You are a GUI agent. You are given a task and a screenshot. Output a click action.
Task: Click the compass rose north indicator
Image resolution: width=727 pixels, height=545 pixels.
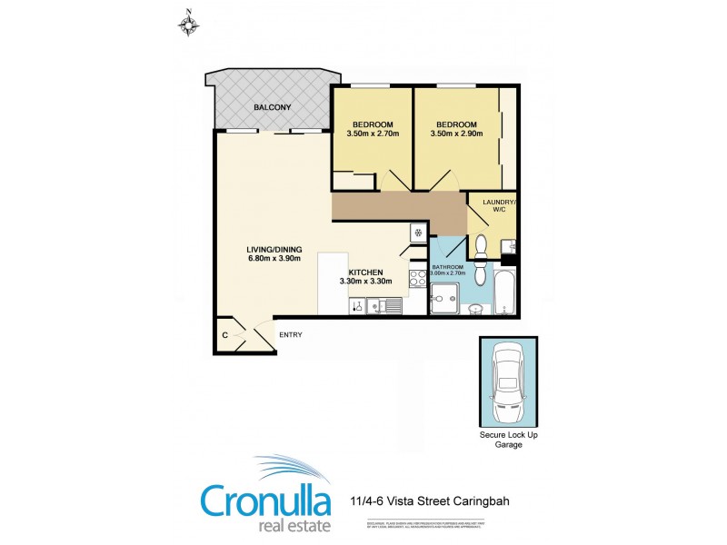click(189, 23)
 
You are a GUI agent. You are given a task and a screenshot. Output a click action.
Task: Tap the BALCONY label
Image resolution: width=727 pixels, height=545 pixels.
click(272, 108)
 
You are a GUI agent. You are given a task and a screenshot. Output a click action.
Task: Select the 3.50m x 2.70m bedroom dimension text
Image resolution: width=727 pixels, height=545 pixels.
click(370, 134)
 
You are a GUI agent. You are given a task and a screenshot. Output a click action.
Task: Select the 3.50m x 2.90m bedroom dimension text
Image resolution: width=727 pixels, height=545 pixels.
click(454, 134)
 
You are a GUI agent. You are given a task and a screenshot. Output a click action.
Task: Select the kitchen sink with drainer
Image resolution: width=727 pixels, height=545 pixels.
click(382, 307)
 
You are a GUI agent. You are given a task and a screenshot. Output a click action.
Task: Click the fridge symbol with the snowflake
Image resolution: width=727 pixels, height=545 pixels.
click(418, 233)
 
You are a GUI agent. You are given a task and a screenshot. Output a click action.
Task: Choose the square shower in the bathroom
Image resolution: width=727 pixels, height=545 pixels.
click(444, 298)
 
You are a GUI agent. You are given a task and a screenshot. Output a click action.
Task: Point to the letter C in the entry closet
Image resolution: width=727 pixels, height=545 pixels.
click(224, 336)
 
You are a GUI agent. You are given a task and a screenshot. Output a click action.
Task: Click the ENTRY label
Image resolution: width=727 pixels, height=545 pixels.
click(290, 335)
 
